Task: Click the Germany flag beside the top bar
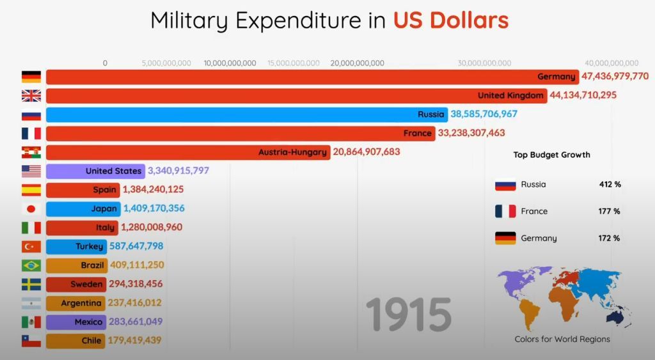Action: [x=31, y=77]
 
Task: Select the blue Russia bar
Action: [x=246, y=114]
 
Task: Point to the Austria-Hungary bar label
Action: [x=293, y=152]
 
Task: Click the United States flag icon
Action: [x=31, y=171]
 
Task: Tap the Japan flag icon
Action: [x=31, y=208]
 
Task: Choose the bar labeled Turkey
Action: [x=77, y=246]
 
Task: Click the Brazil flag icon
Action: [x=31, y=265]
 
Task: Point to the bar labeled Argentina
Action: [x=77, y=303]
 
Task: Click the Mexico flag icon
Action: [x=31, y=322]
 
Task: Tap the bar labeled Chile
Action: [x=77, y=341]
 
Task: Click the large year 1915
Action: [x=408, y=315]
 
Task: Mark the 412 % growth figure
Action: [x=610, y=184]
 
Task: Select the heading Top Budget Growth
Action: [x=551, y=155]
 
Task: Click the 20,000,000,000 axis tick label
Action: [x=357, y=63]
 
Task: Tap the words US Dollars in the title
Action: [x=450, y=20]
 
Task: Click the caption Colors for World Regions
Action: [x=562, y=339]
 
